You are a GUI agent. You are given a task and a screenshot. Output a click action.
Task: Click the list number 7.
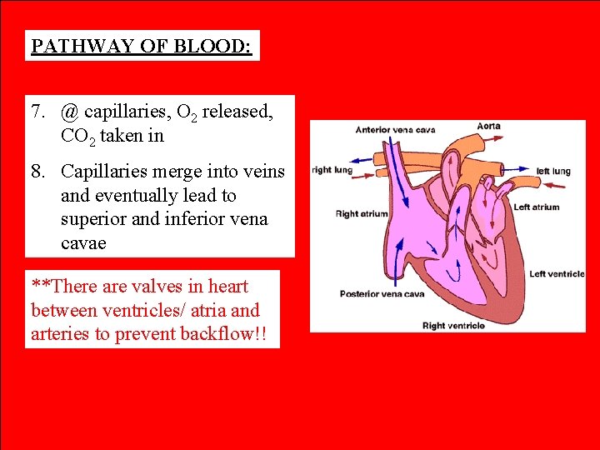click(37, 112)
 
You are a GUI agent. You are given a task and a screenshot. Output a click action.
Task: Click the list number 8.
click(37, 172)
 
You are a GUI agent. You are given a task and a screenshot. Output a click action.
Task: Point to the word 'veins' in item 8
click(264, 172)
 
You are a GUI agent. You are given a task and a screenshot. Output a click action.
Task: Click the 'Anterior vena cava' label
click(395, 130)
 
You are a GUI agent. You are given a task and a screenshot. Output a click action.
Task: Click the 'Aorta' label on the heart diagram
click(488, 127)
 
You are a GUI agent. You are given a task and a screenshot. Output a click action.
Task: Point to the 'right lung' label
click(332, 170)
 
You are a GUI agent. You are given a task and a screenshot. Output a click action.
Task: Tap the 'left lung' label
click(553, 172)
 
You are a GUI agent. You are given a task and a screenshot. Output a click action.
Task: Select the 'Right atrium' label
click(362, 214)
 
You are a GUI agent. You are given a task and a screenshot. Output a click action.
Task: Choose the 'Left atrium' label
click(537, 207)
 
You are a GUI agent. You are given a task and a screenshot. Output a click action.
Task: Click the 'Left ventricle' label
click(557, 274)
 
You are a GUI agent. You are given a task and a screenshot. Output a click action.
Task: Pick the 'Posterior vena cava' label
click(382, 294)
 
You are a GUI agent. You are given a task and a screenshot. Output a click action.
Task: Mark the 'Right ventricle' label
click(453, 326)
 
